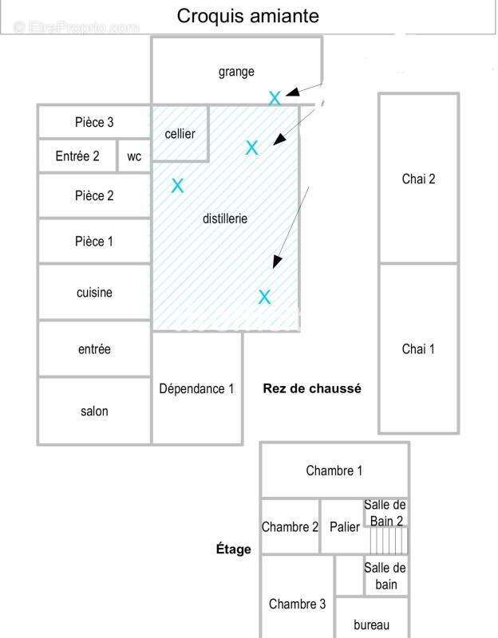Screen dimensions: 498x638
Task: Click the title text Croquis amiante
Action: [247, 16]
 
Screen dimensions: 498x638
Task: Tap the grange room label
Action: [236, 72]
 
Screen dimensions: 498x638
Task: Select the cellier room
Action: [180, 133]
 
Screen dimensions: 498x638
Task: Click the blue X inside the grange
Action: [275, 98]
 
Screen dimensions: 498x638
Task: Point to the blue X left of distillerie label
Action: [177, 186]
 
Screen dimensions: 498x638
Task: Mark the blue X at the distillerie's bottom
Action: [264, 297]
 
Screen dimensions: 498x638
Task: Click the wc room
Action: [134, 156]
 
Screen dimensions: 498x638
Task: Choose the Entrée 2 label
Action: [77, 156]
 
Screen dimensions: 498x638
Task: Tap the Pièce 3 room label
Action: [94, 122]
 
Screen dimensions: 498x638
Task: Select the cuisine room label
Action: [94, 292]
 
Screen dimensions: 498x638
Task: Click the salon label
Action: [94, 411]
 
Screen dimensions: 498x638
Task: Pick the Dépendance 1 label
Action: [196, 388]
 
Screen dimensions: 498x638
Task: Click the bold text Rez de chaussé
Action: [312, 388]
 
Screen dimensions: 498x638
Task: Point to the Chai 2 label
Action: [418, 179]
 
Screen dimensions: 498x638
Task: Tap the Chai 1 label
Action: [418, 349]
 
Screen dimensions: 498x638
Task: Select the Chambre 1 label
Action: [334, 471]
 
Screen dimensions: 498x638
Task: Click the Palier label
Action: [345, 527]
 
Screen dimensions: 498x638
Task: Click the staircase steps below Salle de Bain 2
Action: [388, 541]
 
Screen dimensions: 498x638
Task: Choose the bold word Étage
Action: [233, 549]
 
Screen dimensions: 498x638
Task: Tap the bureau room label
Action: [371, 624]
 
